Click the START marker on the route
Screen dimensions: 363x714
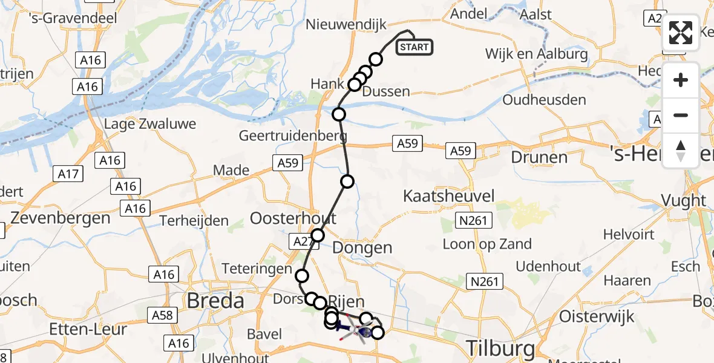(x=414, y=47)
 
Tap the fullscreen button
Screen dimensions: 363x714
(x=681, y=33)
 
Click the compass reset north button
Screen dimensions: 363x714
(x=681, y=151)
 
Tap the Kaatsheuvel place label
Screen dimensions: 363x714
(x=449, y=196)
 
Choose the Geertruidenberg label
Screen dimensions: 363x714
(x=293, y=136)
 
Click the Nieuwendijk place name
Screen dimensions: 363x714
(x=344, y=25)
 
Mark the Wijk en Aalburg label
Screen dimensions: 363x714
(x=537, y=54)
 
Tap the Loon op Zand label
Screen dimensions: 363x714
(x=487, y=244)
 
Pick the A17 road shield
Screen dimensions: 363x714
(x=70, y=174)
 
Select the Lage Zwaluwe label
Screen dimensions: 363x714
(x=150, y=124)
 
